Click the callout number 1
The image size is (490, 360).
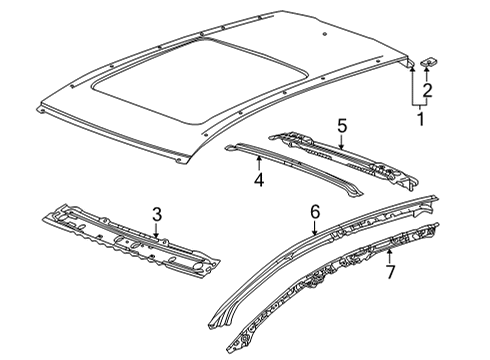pos(420,120)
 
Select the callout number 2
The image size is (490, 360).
pos(428,92)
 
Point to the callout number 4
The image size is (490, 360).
pos(258,181)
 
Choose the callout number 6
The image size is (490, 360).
pos(314,211)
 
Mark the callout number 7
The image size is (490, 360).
pos(390,273)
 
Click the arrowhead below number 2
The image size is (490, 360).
pos(428,74)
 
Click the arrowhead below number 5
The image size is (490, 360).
pos(341,146)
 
